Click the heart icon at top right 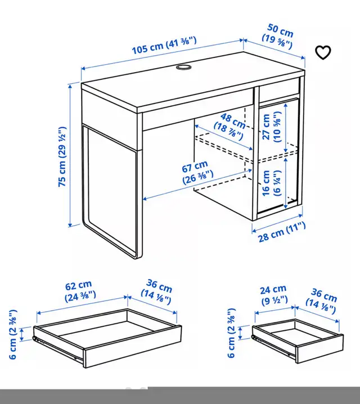[x=323, y=52]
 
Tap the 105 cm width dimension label [x=164, y=46]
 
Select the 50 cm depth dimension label [x=278, y=37]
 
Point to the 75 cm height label [x=62, y=156]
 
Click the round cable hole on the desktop [x=183, y=68]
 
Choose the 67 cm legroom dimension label [x=197, y=172]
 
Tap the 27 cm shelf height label [x=272, y=127]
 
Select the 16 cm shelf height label [x=272, y=183]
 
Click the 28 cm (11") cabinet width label [x=282, y=232]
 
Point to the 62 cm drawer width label [x=80, y=290]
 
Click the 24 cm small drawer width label [x=274, y=295]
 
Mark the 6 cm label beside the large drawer [x=13, y=334]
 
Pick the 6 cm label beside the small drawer [x=232, y=333]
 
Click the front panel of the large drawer [x=133, y=346]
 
